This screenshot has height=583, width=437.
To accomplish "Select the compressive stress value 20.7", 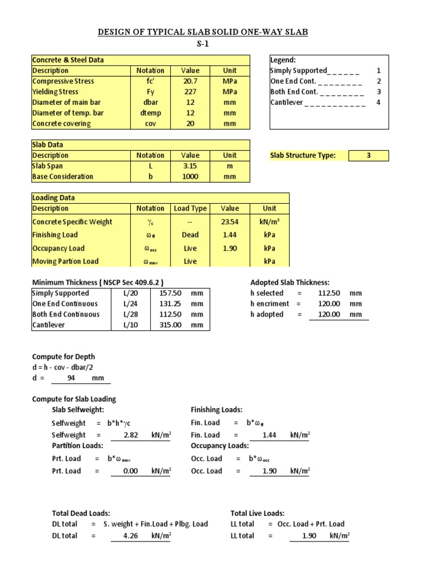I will click(x=190, y=81).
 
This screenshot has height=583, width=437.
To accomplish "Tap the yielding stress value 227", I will click(x=190, y=92).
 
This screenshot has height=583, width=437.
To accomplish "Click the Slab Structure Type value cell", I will click(x=369, y=155).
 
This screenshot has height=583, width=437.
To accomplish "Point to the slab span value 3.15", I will click(x=190, y=166).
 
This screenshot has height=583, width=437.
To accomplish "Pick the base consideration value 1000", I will click(x=190, y=176).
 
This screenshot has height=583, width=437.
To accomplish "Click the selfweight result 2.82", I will click(x=131, y=435).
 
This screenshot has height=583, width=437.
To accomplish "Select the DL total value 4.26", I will click(x=131, y=536).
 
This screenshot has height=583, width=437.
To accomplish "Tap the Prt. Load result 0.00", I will click(x=131, y=471).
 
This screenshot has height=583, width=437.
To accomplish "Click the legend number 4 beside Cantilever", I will click(x=378, y=102).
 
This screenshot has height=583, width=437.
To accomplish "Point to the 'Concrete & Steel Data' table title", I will click(x=68, y=60).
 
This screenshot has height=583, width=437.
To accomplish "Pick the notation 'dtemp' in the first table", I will click(x=150, y=113).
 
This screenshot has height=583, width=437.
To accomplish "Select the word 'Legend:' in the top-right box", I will click(x=283, y=60).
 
